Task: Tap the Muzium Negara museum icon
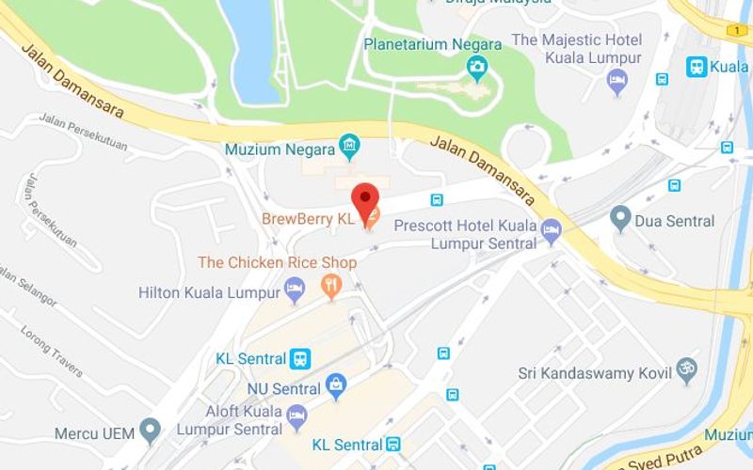tap(350, 147)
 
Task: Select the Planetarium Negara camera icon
tap(478, 67)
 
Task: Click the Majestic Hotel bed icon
tap(617, 82)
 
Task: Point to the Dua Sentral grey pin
tap(619, 219)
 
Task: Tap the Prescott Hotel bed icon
tap(552, 228)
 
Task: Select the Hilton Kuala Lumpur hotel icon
tap(295, 290)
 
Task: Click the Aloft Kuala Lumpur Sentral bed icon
tap(296, 415)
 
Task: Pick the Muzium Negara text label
tap(280, 149)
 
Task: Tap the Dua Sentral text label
tap(677, 221)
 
